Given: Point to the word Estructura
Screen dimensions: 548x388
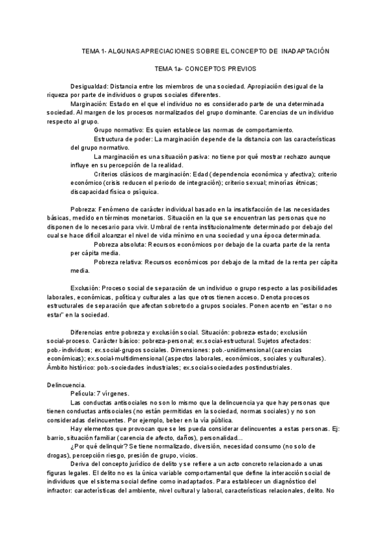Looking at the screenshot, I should tap(109, 139).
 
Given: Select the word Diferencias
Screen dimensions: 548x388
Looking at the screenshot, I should tap(89, 332).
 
